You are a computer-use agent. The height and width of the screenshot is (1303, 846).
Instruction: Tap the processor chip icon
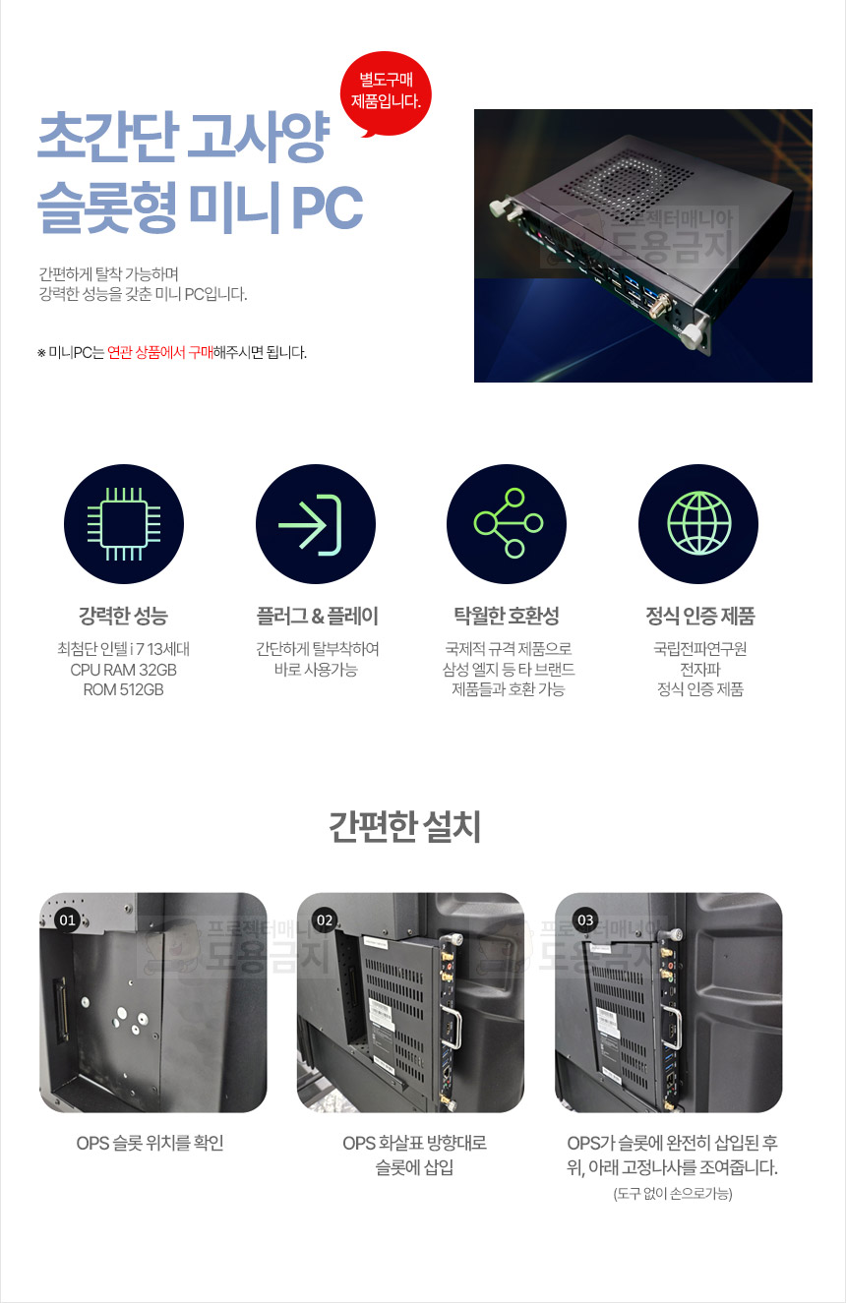(124, 524)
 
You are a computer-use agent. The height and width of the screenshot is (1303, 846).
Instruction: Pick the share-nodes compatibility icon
(508, 523)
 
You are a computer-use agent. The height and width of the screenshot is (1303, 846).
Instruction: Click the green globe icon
(698, 523)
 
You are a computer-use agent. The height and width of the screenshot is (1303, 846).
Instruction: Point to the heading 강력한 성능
(123, 616)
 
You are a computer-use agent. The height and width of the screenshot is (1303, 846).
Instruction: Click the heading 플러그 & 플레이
(317, 616)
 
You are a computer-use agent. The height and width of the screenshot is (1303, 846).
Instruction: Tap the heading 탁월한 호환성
(507, 616)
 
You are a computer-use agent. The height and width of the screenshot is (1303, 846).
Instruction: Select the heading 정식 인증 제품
(700, 616)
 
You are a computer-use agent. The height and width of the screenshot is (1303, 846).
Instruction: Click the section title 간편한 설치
(405, 827)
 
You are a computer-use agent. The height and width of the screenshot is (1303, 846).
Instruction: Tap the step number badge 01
(68, 919)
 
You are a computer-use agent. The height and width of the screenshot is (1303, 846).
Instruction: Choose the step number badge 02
(325, 919)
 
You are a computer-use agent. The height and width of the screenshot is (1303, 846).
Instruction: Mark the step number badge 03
(585, 919)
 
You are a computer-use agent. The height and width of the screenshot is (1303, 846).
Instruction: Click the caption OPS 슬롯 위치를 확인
(151, 1143)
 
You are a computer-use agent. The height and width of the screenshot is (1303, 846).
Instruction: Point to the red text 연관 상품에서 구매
(160, 352)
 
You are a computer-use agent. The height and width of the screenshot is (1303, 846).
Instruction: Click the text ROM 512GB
(123, 690)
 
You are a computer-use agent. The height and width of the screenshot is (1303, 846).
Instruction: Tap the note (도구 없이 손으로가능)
(673, 1194)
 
